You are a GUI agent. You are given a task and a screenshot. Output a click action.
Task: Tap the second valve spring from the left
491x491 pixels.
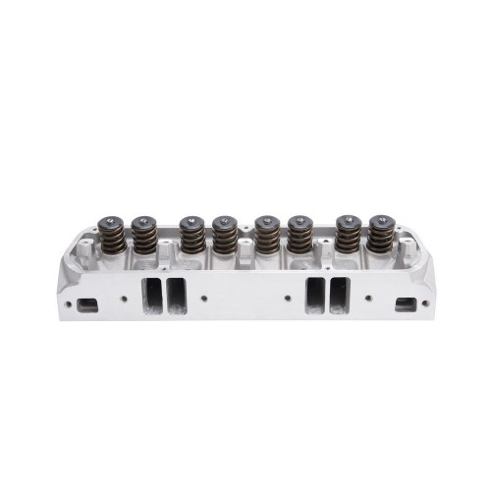(x=144, y=236)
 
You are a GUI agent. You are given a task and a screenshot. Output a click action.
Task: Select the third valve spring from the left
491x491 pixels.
(x=191, y=236)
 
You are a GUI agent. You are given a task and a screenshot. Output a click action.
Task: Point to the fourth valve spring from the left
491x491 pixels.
(x=224, y=236)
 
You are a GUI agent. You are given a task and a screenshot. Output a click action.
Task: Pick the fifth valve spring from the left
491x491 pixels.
(x=266, y=236)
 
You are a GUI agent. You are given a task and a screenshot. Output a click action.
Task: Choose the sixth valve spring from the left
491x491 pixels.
(x=298, y=236)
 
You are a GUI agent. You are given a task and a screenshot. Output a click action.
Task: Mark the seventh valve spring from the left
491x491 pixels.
(x=347, y=236)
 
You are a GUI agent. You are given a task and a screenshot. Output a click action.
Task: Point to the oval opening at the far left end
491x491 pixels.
(x=87, y=304)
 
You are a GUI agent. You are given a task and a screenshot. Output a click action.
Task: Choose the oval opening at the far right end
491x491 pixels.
(x=405, y=304)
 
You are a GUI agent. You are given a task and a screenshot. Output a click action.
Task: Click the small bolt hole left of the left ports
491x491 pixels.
(x=125, y=297)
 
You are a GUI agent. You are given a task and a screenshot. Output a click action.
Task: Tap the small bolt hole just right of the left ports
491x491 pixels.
(x=203, y=297)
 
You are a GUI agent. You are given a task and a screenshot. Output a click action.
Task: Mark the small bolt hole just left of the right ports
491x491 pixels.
(x=288, y=297)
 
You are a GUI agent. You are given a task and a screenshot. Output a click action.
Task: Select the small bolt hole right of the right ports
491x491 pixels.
(x=367, y=297)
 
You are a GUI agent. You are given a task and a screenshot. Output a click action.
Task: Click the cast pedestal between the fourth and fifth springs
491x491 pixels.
(x=245, y=253)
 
